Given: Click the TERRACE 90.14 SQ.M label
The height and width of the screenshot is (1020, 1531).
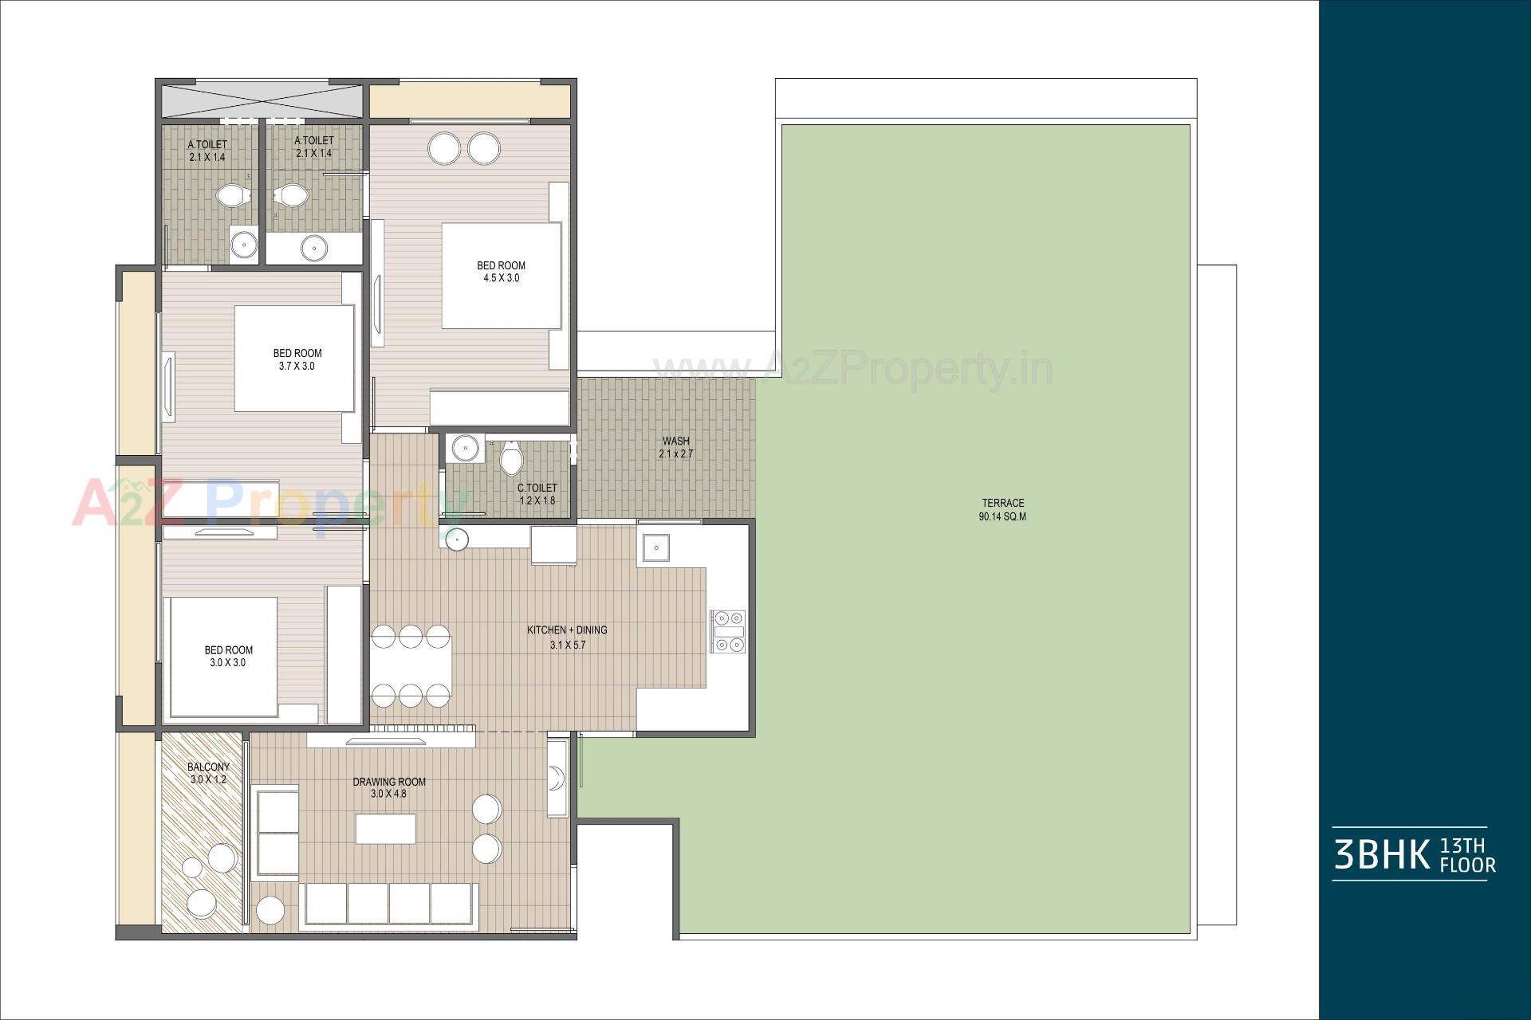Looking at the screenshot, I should pyautogui.click(x=1002, y=510).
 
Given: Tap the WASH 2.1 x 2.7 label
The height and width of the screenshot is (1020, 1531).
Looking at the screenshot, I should pyautogui.click(x=675, y=447).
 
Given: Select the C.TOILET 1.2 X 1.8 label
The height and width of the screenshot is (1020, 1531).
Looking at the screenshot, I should pyautogui.click(x=537, y=494).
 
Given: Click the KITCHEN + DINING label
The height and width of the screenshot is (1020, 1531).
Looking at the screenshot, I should pyautogui.click(x=567, y=637).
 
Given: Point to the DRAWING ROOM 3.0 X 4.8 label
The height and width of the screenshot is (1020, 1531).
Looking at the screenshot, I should pyautogui.click(x=389, y=787).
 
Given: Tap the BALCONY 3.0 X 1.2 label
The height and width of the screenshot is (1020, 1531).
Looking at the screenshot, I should pyautogui.click(x=208, y=773).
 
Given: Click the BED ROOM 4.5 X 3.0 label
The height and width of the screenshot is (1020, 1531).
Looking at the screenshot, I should pyautogui.click(x=501, y=272).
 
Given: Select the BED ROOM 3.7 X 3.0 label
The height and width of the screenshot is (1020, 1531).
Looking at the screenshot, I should pyautogui.click(x=297, y=359).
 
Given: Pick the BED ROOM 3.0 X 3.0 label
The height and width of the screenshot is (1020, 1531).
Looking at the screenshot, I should pyautogui.click(x=228, y=656).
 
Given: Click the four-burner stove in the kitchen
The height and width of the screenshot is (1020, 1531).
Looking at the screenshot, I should pyautogui.click(x=728, y=631).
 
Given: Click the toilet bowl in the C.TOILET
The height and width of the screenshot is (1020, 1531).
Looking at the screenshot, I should pyautogui.click(x=511, y=459).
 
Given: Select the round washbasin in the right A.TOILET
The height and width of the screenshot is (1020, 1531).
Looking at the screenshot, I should pyautogui.click(x=314, y=249).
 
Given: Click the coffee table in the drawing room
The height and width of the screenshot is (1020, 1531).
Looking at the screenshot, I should pyautogui.click(x=386, y=828).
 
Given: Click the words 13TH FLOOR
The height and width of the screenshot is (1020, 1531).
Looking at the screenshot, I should pyautogui.click(x=1467, y=855).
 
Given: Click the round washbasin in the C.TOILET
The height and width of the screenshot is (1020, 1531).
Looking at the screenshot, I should pyautogui.click(x=463, y=448).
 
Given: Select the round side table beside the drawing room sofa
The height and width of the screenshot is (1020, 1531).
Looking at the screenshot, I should pyautogui.click(x=270, y=910).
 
